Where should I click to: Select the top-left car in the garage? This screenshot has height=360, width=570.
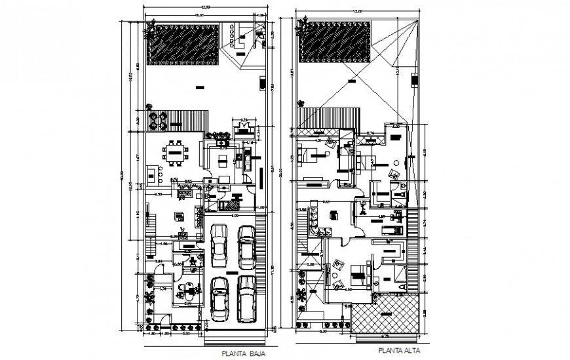coord(219,245)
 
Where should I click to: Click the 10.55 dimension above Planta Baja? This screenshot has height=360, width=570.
coord(197,16)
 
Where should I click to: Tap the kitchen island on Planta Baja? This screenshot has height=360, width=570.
coord(178,216)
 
